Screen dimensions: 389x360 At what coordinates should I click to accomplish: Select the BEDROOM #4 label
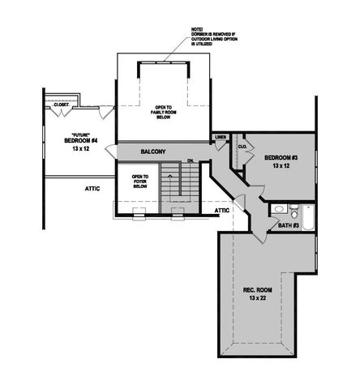click(80, 140)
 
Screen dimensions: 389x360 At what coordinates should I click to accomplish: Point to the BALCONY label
click(153, 152)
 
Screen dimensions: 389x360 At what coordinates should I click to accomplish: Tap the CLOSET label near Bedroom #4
click(61, 105)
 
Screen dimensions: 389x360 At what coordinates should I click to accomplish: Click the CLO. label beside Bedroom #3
click(242, 146)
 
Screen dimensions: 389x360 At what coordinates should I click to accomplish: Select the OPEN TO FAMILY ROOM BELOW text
click(165, 113)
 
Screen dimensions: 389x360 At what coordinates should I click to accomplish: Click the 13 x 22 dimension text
click(257, 298)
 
